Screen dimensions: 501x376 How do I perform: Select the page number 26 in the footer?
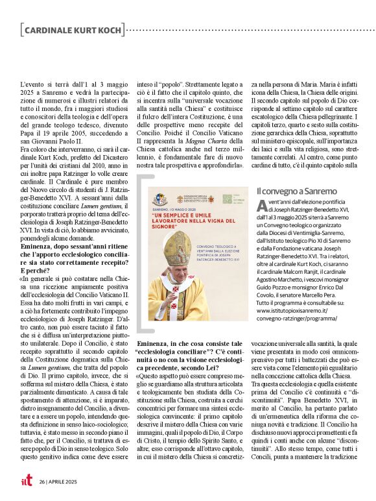pos(41,482)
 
